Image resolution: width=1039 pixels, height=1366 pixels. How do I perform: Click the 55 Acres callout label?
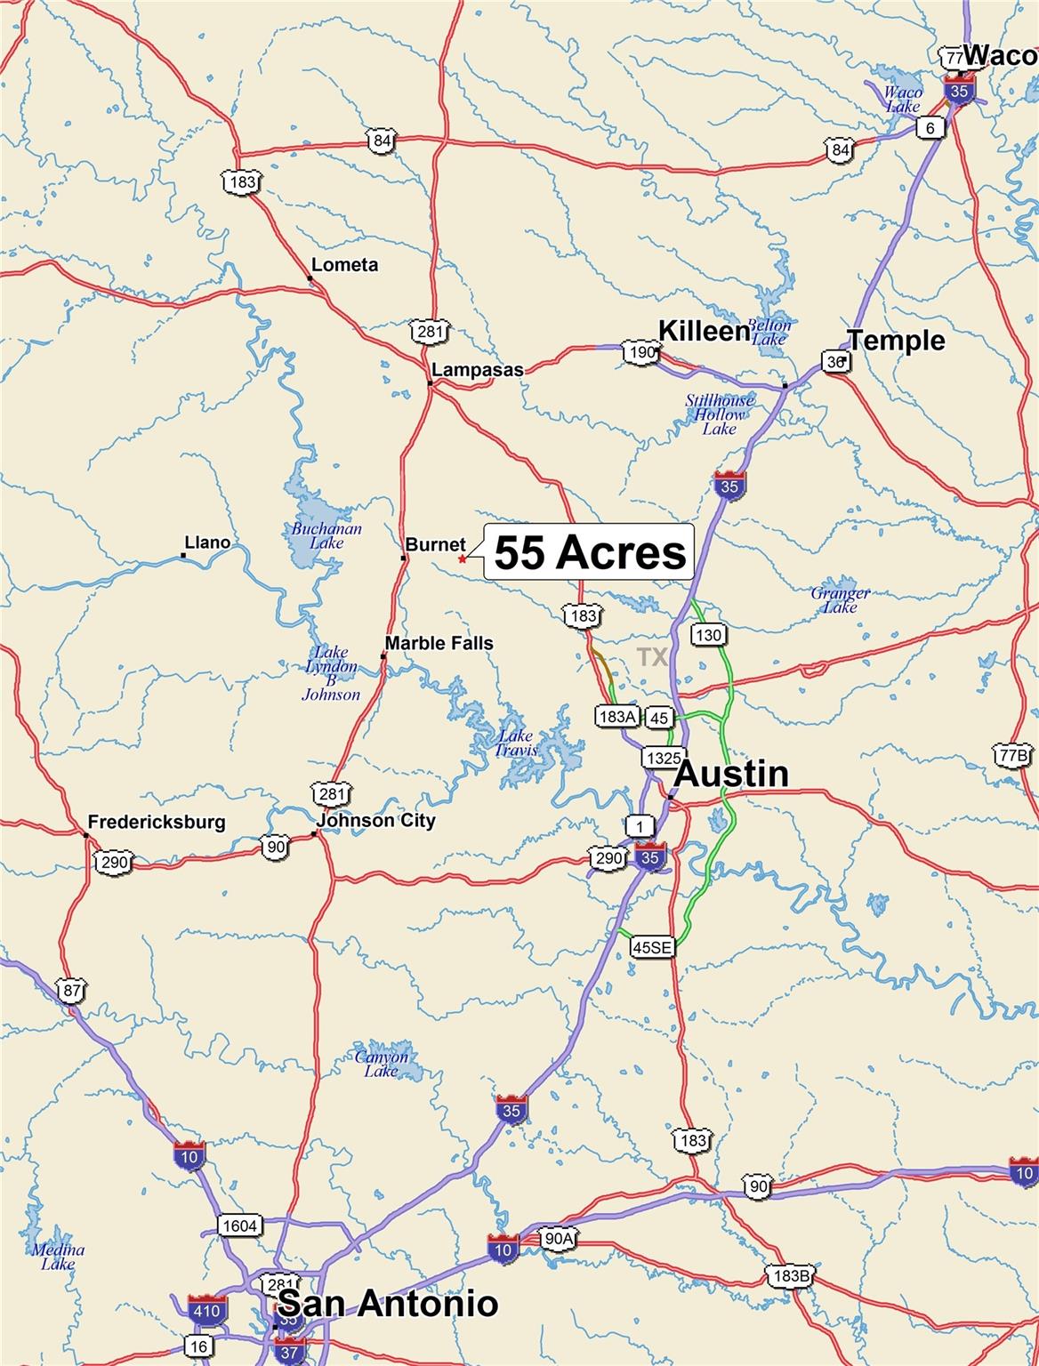click(590, 552)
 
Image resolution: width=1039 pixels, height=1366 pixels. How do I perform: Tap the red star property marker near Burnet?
click(462, 559)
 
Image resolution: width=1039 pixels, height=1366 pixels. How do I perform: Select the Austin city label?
click(732, 774)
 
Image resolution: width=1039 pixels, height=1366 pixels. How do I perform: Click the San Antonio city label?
click(388, 1304)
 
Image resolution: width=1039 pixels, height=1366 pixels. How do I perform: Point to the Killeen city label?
click(704, 332)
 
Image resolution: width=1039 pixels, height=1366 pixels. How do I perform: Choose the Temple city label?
click(895, 340)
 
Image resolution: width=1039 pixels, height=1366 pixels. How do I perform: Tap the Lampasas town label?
click(477, 370)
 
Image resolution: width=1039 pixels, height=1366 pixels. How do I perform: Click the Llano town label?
click(206, 542)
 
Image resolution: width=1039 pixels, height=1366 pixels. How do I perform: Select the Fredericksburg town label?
click(157, 822)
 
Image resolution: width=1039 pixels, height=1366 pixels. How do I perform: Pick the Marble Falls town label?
click(439, 643)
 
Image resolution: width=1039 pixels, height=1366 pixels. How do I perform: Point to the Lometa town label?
click(344, 265)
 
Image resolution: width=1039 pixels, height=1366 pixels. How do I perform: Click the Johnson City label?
click(376, 820)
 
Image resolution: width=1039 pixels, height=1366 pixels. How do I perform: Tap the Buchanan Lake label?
click(326, 535)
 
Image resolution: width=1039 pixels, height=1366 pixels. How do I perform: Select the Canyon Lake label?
click(382, 1064)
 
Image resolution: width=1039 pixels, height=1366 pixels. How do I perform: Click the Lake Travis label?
click(516, 743)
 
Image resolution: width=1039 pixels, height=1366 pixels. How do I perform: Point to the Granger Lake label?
click(840, 599)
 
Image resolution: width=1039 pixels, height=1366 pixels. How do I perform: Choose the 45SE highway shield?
click(651, 948)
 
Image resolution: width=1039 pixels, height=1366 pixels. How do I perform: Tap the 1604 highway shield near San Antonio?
click(239, 1226)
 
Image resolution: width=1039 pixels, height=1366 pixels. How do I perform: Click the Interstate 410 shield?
click(206, 1310)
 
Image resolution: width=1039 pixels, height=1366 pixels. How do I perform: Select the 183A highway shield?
click(617, 717)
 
